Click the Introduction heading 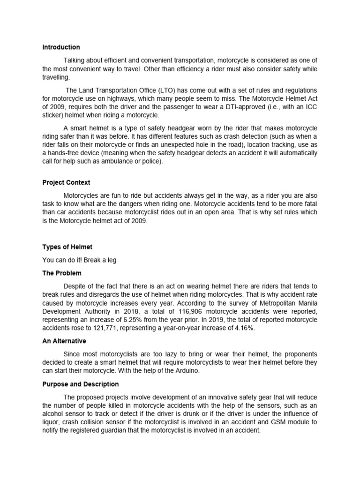tap(61, 47)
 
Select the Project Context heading tap(66, 182)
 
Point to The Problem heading tap(61, 273)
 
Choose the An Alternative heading tap(64, 341)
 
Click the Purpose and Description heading tap(80, 384)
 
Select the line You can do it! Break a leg tap(79, 260)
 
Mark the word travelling tap(56, 77)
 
